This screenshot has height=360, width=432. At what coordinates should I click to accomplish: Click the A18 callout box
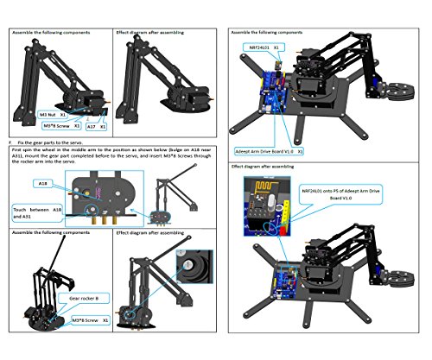pyautogui.click(x=44, y=184)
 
